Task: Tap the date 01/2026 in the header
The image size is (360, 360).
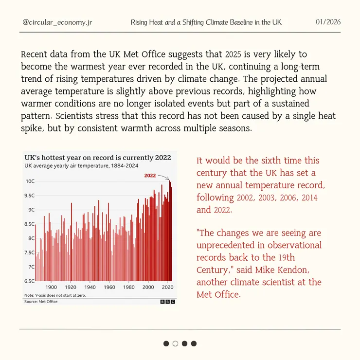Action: point(328,22)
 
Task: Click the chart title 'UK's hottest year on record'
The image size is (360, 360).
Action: point(97,158)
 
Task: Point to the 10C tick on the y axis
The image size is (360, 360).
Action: point(30,181)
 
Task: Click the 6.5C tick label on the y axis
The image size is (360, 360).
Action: point(29,281)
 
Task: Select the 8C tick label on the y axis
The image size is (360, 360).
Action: point(31,238)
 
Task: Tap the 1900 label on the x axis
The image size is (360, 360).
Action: point(51,287)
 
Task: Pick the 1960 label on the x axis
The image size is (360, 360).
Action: point(109,287)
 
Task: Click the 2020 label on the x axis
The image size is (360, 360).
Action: point(167,287)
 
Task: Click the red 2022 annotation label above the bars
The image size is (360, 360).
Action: point(151,176)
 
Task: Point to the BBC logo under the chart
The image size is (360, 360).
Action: point(168,302)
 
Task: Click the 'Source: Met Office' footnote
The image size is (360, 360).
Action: point(41,302)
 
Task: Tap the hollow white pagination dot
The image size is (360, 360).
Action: point(175,343)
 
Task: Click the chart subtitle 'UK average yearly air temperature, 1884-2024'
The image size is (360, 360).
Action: point(81,166)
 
